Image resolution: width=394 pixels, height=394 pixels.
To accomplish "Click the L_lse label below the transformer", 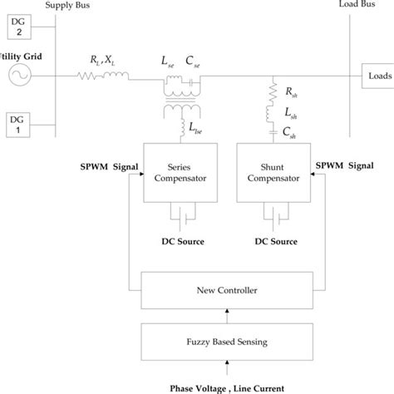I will (196, 128).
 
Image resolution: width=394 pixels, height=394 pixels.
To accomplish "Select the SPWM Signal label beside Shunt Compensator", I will (344, 165).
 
